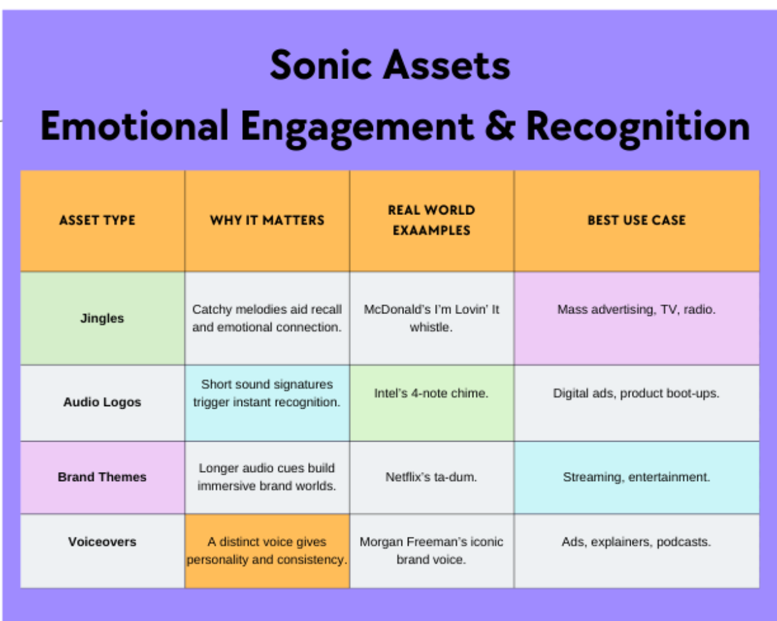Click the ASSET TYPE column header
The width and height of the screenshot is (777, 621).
click(97, 220)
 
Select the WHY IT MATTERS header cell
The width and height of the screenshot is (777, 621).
click(267, 220)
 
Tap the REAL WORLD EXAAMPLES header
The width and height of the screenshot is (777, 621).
click(431, 220)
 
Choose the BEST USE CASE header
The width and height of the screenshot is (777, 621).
click(636, 220)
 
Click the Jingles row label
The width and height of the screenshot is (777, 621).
click(102, 318)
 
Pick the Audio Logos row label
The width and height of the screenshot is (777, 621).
click(102, 402)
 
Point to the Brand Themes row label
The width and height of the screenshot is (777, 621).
click(102, 477)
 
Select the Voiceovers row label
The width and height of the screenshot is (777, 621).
click(102, 542)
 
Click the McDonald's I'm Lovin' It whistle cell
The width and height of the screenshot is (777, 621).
click(431, 318)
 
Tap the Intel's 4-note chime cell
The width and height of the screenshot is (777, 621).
click(431, 393)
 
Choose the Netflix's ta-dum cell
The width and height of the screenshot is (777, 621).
click(431, 477)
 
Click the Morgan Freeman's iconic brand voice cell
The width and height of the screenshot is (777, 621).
click(431, 550)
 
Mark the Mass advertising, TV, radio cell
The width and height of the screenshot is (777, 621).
click(636, 310)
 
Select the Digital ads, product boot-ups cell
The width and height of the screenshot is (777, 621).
click(636, 393)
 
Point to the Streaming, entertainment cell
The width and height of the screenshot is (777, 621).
click(636, 477)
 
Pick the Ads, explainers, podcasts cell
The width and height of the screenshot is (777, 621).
click(636, 542)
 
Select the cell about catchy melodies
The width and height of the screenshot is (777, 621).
click(267, 318)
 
